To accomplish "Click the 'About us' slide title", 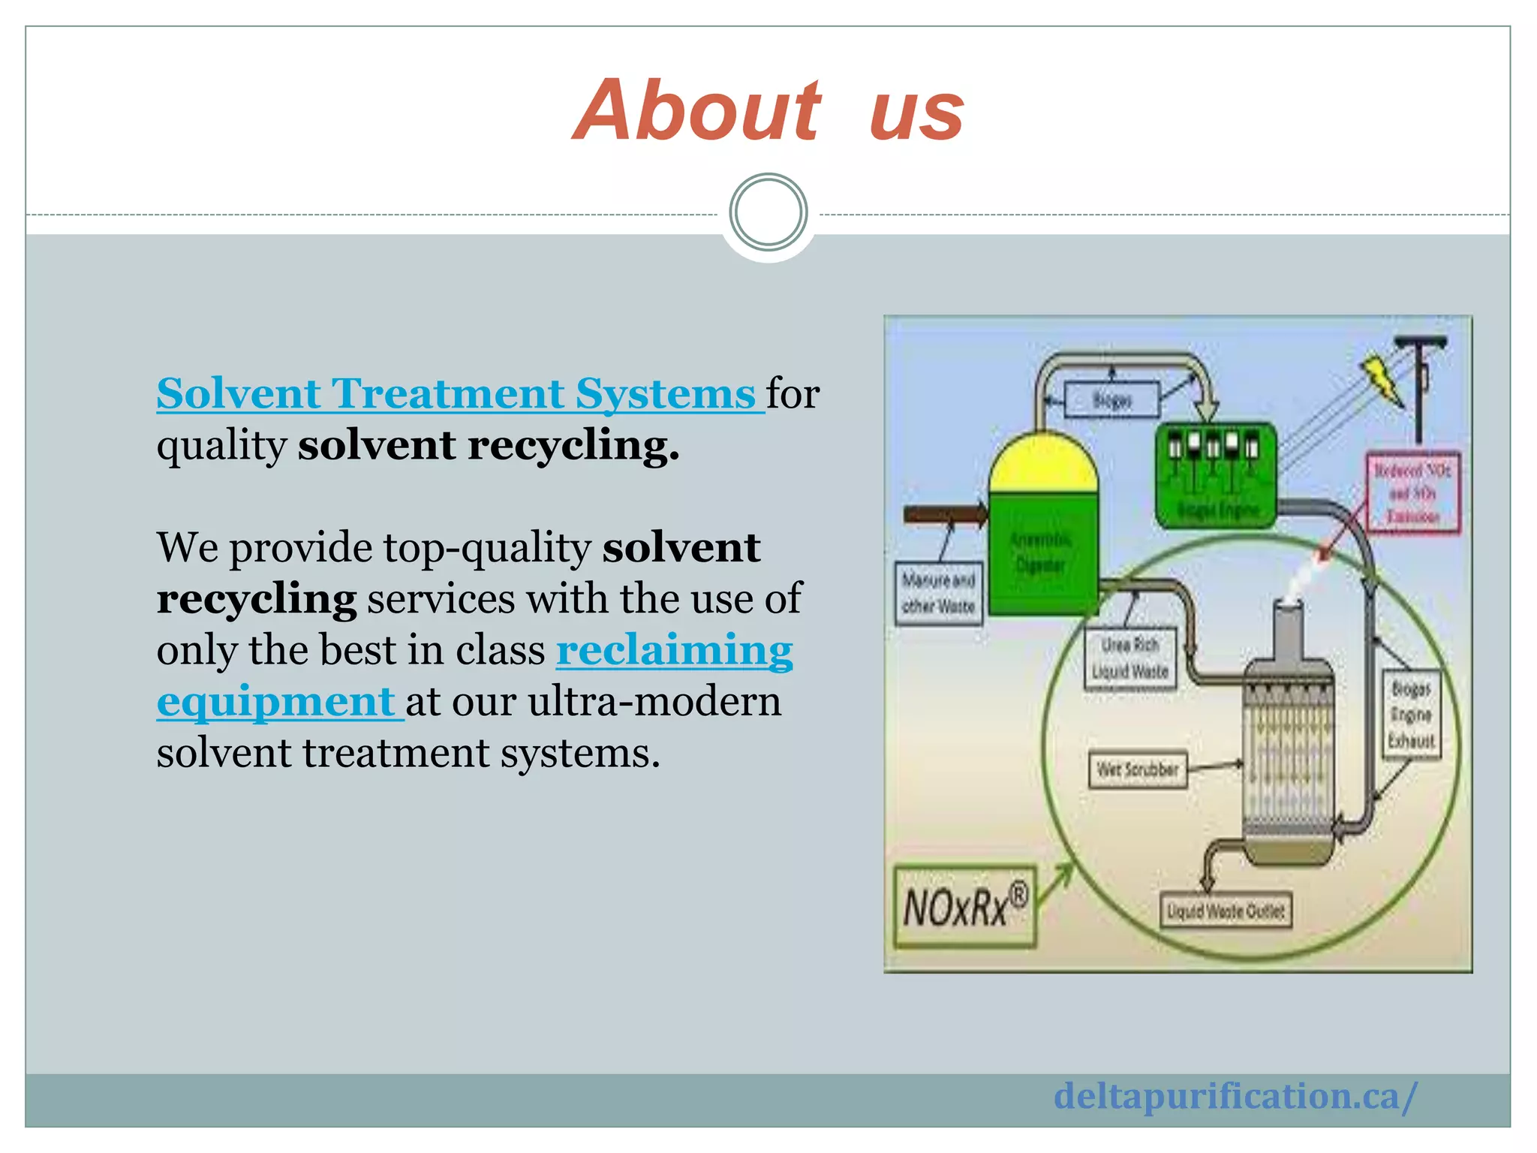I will [x=768, y=111].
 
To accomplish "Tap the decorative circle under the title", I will [x=768, y=212].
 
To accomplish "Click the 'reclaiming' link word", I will [x=674, y=650].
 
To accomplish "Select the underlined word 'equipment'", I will [x=276, y=701].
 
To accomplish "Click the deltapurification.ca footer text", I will [x=1235, y=1097].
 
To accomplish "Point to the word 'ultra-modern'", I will [x=654, y=701].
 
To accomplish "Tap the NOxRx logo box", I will [x=964, y=907].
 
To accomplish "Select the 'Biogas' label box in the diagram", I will [x=1111, y=400].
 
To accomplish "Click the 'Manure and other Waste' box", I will [x=938, y=593].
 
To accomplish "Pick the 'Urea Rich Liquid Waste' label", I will [x=1130, y=658].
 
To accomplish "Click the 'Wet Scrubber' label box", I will [x=1138, y=769].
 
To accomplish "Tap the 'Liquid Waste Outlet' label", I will [x=1225, y=911].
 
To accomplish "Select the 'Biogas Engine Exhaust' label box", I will [x=1411, y=714].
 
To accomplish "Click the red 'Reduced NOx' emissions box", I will [x=1412, y=492].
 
